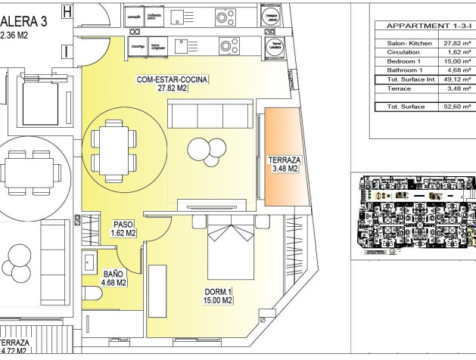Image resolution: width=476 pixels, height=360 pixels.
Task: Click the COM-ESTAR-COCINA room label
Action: [x=172, y=83]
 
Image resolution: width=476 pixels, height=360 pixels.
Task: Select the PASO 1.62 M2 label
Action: [x=123, y=228]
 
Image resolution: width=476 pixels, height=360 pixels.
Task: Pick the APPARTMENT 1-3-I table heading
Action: [x=424, y=25]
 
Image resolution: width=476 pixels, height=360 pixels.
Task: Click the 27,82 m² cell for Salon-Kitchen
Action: [x=458, y=43]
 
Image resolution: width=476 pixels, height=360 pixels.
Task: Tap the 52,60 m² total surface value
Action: [x=458, y=107]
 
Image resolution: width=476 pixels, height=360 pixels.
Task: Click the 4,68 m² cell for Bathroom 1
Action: [x=459, y=70]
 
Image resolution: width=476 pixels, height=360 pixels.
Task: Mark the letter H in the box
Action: [x=67, y=11]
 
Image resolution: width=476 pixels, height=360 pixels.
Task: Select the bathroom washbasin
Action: [x=87, y=256]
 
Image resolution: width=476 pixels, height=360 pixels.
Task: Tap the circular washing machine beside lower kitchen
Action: [x=273, y=47]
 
